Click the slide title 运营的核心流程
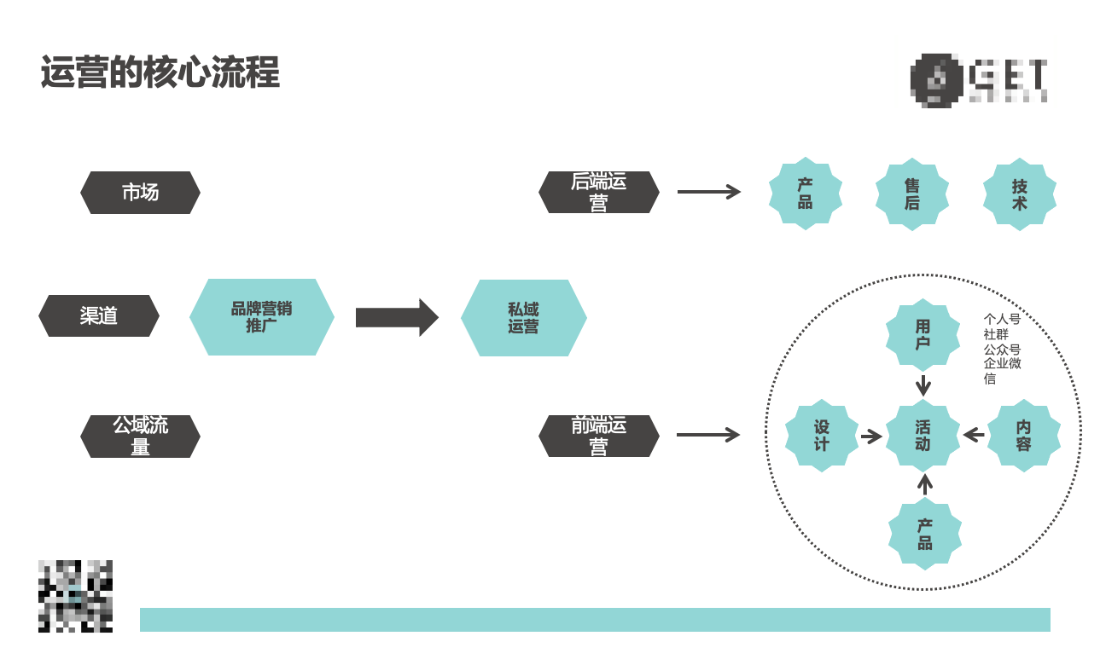point(160,72)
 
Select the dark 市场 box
point(140,193)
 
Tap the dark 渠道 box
point(99,316)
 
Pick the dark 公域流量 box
point(140,437)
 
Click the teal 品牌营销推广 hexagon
point(261,317)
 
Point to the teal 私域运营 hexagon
point(523,318)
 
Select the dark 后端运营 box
point(598,193)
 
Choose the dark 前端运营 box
point(598,436)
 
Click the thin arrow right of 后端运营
point(708,192)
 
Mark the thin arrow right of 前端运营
point(707,435)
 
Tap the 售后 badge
point(912,194)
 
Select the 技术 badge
point(1019,194)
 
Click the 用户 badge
point(923,335)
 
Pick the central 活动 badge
point(923,436)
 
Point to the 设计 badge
point(821,436)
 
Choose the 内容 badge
point(1023,436)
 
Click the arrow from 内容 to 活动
point(974,436)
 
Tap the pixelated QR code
point(75,596)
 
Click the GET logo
point(979,79)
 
